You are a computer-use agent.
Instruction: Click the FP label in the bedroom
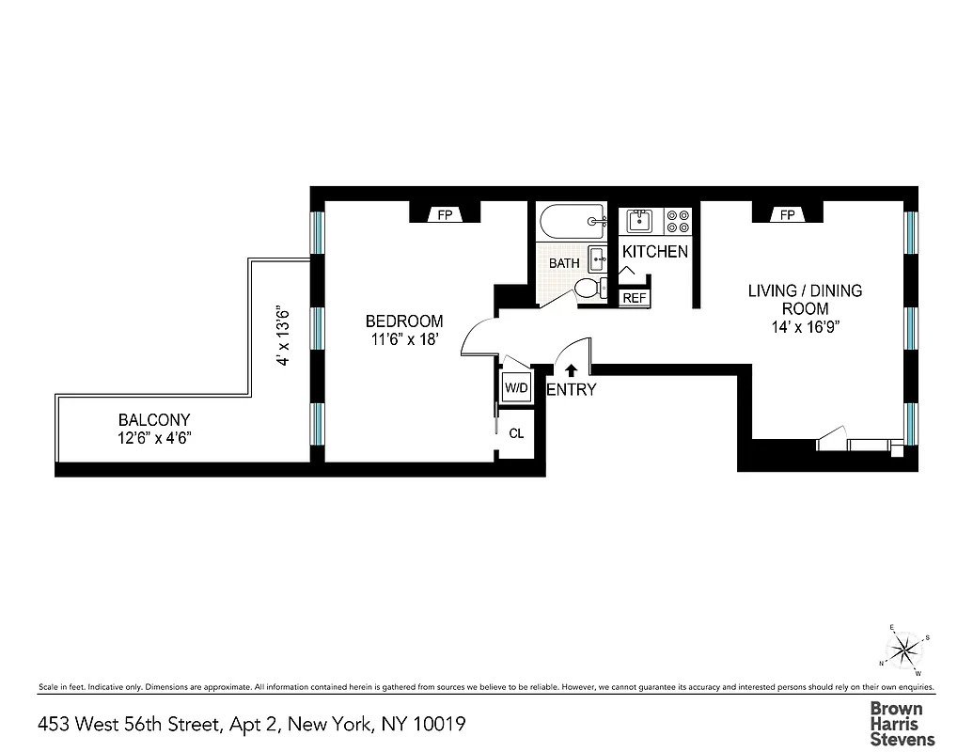click(x=446, y=215)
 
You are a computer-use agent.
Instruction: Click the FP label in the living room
click(x=788, y=215)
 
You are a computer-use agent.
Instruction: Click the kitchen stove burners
click(x=678, y=221)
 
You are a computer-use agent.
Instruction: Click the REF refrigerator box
click(x=636, y=298)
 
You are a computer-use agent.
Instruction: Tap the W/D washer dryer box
click(x=515, y=387)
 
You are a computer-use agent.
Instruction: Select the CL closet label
click(x=516, y=433)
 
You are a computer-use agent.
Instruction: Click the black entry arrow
click(x=570, y=371)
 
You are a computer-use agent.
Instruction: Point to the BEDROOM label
click(x=404, y=321)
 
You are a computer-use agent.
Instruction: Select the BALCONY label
click(x=154, y=420)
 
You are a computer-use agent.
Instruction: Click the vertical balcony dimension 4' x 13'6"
click(x=279, y=335)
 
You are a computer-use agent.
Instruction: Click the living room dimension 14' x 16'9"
click(x=805, y=327)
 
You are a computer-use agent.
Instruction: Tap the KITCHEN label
click(x=655, y=252)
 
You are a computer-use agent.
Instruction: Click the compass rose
click(x=904, y=648)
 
